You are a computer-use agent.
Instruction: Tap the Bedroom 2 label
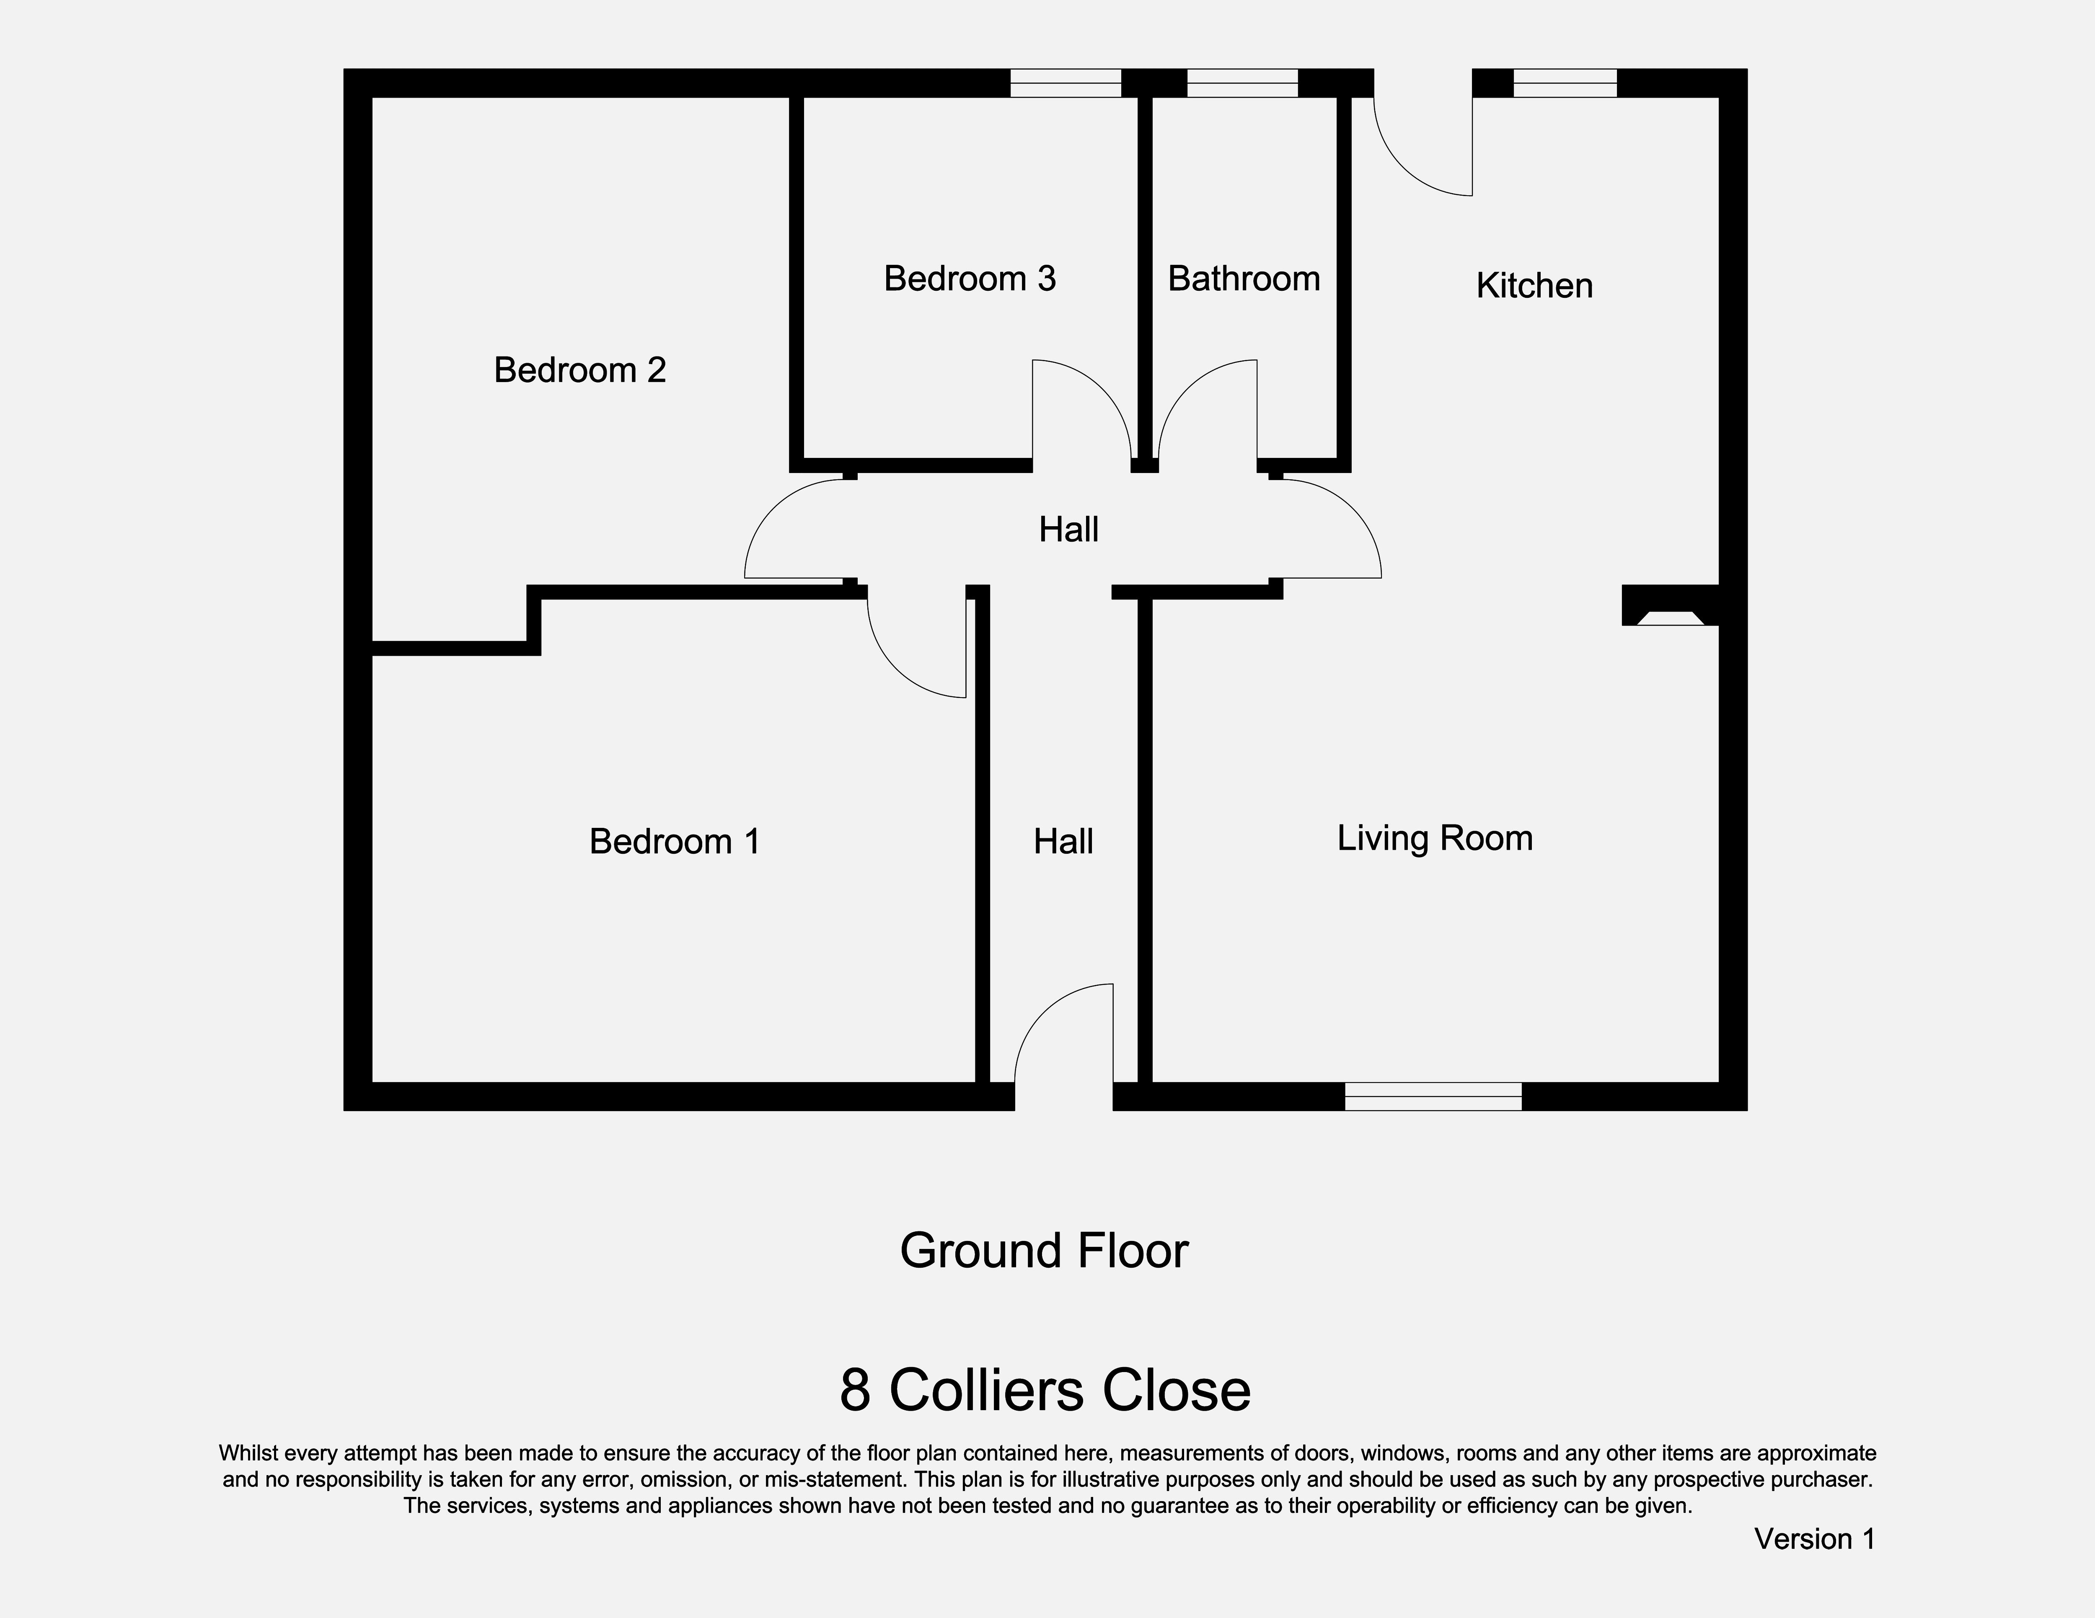click(579, 370)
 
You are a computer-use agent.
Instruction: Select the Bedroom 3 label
click(969, 279)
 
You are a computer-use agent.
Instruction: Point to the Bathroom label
click(1243, 279)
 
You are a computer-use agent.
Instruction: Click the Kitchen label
click(1534, 286)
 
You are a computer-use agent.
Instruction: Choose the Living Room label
click(1434, 838)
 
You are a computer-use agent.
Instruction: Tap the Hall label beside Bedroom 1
click(1063, 842)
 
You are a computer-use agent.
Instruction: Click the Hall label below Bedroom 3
click(1068, 530)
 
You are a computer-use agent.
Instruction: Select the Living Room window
click(1432, 1096)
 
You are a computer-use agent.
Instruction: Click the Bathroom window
click(1242, 83)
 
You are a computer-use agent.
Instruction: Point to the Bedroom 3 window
click(1065, 83)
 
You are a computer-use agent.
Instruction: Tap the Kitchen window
click(1565, 83)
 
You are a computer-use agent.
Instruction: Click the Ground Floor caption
click(1044, 1251)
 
